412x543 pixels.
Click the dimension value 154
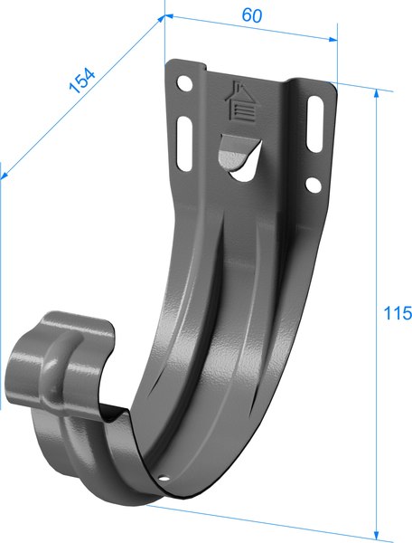82,81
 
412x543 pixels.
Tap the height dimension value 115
398,313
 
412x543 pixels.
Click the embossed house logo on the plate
239,99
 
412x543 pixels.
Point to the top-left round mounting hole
186,83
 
